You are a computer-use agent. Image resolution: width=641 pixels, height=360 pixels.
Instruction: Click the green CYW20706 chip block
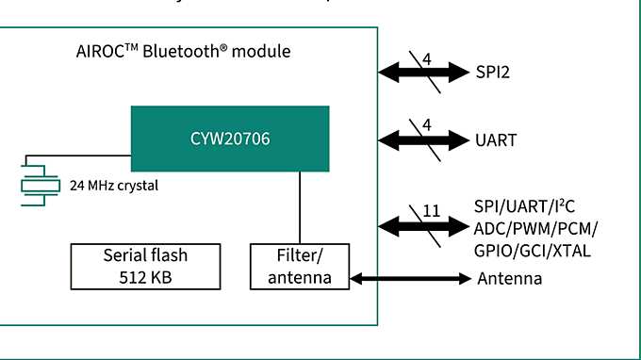point(230,139)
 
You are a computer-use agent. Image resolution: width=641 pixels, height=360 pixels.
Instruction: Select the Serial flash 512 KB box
point(145,266)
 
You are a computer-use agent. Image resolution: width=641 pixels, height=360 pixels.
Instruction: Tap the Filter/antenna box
point(299,266)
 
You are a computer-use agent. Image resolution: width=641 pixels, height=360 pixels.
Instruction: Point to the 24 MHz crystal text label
point(113,186)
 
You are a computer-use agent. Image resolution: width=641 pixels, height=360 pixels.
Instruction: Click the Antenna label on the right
point(510,279)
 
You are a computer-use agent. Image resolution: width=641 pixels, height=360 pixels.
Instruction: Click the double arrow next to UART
point(424,140)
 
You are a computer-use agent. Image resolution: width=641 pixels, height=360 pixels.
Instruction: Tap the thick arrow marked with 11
point(424,226)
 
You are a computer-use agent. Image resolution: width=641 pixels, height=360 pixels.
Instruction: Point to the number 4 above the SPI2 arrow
point(427,58)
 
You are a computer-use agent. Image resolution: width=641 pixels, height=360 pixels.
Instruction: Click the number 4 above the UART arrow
point(427,125)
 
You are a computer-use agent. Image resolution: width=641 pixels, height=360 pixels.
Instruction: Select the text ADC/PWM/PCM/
point(537,229)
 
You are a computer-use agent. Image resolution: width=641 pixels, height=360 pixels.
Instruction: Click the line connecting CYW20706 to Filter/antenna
point(300,207)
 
